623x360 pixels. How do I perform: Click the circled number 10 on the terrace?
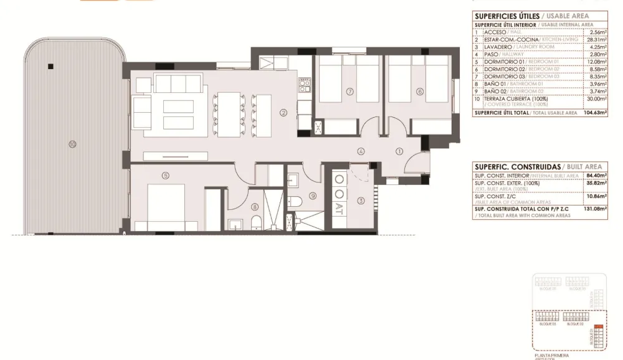[x=73, y=144]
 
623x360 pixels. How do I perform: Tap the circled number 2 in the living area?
[x=283, y=113]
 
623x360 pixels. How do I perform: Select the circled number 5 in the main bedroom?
[x=165, y=176]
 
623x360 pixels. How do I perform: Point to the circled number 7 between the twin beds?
[x=350, y=92]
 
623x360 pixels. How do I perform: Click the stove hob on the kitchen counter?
[x=304, y=83]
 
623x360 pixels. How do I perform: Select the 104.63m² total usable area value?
[x=594, y=113]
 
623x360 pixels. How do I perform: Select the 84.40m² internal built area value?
[x=597, y=176]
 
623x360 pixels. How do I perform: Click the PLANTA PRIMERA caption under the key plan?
[x=551, y=355]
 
